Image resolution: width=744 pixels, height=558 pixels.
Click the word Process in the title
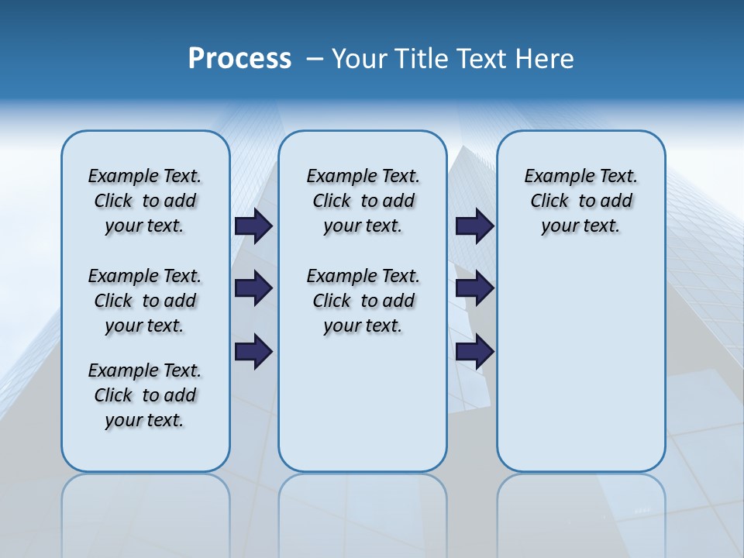pos(239,59)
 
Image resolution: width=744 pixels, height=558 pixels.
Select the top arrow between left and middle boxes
pos(253,226)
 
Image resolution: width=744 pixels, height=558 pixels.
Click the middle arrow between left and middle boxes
pos(253,288)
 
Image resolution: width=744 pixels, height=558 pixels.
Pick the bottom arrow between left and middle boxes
pos(253,352)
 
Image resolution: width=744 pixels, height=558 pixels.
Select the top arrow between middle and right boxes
pos(474,226)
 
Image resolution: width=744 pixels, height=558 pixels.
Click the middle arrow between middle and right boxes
pos(474,288)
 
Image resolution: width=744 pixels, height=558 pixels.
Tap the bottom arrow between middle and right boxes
pos(474,352)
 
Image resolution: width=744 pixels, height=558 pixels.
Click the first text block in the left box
pos(145,201)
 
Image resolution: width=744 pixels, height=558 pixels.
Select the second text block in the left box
pos(145,301)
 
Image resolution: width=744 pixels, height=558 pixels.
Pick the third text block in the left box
pos(145,395)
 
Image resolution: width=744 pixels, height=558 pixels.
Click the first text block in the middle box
pos(363,201)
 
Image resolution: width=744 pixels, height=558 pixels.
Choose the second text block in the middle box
pos(363,301)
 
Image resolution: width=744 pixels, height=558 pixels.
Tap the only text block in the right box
pos(580,201)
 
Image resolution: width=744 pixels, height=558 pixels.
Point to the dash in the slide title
pos(315,59)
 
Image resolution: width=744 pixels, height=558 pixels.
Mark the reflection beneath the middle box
pos(363,504)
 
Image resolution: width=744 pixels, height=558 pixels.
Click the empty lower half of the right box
pos(580,372)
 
